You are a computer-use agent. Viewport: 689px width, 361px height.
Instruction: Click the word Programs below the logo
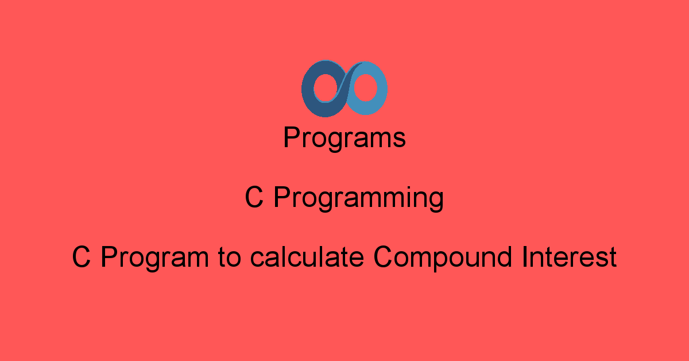pos(344,139)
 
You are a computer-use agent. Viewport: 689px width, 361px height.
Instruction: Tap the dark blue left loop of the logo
pos(308,89)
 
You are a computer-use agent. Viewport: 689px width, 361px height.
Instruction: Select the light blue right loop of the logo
pos(381,89)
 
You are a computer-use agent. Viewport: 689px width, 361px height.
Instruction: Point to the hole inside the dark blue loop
pos(326,88)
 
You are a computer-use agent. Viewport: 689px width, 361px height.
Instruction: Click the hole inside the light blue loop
pos(366,87)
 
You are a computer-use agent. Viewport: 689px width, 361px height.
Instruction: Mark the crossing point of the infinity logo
pos(346,88)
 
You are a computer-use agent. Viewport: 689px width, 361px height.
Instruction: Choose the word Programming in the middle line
pos(359,198)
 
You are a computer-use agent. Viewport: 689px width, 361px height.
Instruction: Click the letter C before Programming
pos(254,197)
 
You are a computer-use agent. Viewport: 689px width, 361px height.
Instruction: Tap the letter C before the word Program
pos(81,257)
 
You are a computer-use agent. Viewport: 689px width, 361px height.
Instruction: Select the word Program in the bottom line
pos(154,259)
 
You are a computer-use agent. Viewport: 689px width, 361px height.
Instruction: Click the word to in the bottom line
pos(229,258)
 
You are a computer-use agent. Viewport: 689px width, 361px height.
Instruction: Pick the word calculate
pos(307,257)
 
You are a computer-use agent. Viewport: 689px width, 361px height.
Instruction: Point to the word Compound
pos(443,259)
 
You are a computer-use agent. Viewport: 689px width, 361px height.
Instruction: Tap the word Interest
pos(570,257)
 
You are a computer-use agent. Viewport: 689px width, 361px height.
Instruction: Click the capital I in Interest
pos(524,257)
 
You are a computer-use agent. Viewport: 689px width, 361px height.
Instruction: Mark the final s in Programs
pos(398,140)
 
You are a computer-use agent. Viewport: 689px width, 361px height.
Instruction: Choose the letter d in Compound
pos(505,257)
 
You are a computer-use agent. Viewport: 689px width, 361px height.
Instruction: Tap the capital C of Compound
pos(382,257)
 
